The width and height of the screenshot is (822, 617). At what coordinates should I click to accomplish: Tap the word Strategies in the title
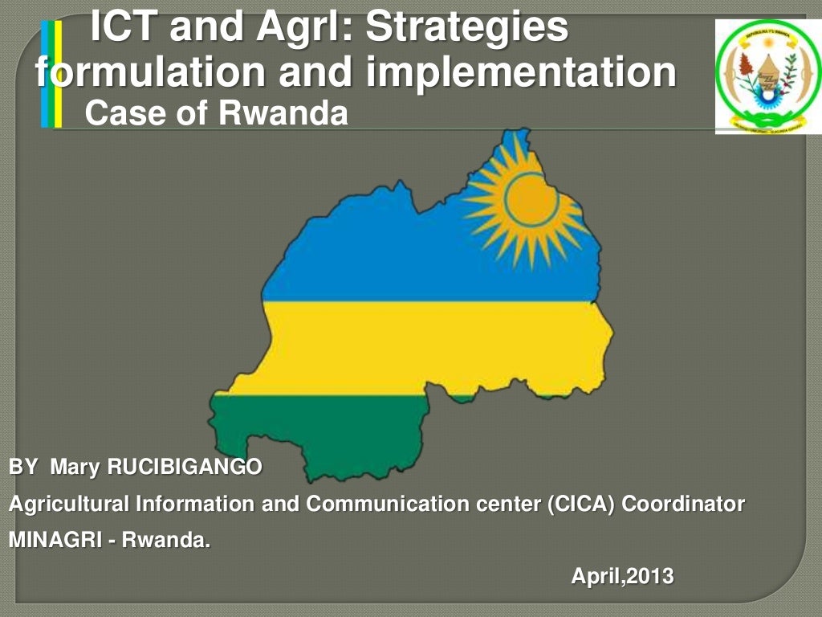[x=466, y=27]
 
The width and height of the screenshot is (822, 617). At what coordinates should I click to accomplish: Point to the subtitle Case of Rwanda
[x=216, y=114]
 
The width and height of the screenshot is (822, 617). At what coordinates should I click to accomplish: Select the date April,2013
[x=622, y=576]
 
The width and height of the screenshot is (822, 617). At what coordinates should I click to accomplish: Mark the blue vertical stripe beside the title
[x=45, y=75]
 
